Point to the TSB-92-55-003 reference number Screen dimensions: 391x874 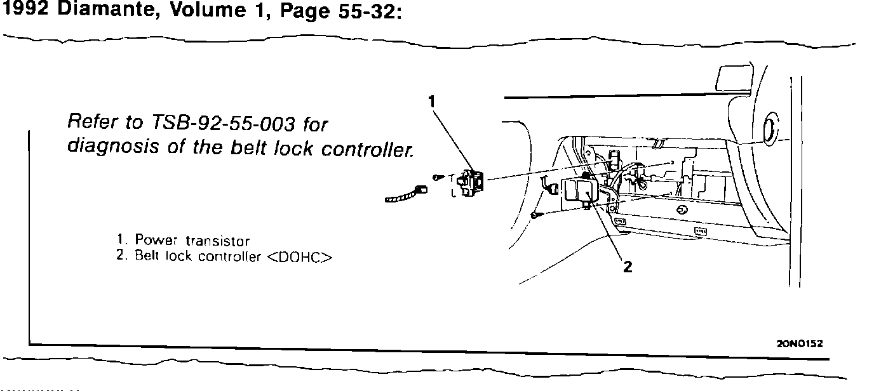coord(229,123)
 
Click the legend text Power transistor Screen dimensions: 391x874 coord(192,241)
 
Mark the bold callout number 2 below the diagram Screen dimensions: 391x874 coord(628,267)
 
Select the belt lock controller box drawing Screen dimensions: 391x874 coord(579,191)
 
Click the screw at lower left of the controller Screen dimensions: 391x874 coord(535,216)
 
